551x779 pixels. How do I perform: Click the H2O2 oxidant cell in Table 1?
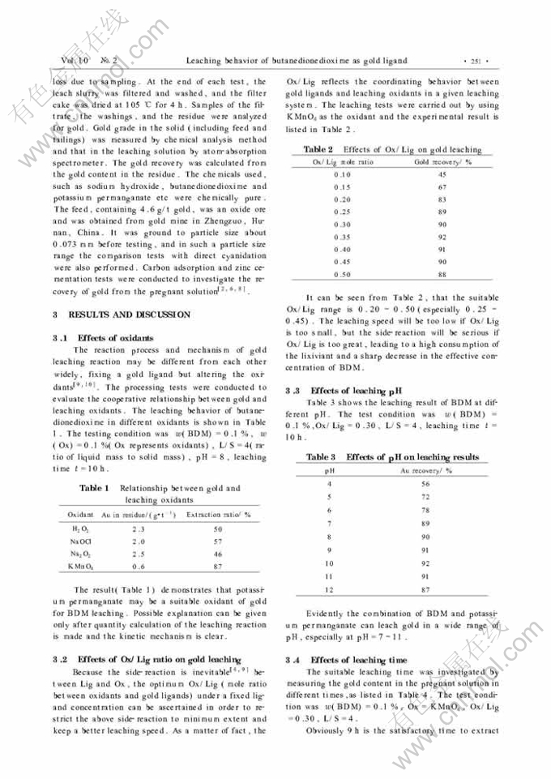(x=80, y=529)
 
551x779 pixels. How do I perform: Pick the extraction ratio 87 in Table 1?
(x=218, y=567)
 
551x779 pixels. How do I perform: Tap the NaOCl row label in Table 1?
(x=80, y=541)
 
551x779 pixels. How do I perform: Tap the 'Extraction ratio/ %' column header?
(x=219, y=515)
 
